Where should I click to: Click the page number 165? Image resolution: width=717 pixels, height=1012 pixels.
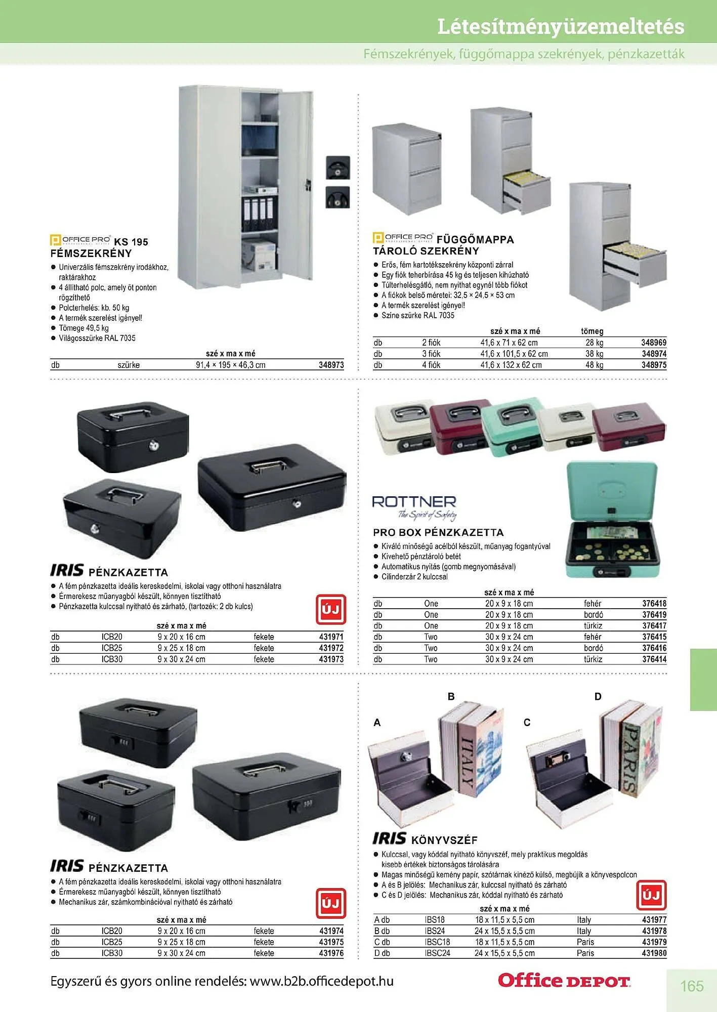(x=692, y=986)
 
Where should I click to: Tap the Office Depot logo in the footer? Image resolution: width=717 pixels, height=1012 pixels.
(x=564, y=981)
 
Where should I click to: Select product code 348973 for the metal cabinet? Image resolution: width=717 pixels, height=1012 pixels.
(x=331, y=365)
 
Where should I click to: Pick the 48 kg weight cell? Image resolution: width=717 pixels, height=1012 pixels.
(x=595, y=365)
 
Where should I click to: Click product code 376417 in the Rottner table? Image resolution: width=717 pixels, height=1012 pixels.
(x=654, y=626)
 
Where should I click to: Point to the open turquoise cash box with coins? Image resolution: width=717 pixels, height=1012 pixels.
(x=612, y=521)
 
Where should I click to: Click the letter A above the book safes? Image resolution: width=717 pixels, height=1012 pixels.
(x=377, y=723)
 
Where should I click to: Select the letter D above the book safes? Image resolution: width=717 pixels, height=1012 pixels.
(x=598, y=696)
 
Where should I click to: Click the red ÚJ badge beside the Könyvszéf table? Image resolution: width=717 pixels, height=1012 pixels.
(x=651, y=895)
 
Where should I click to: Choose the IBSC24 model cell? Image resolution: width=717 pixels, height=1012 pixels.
(x=437, y=953)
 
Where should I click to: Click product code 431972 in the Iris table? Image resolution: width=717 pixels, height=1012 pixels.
(x=331, y=648)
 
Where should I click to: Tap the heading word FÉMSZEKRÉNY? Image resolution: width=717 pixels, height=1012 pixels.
(x=91, y=254)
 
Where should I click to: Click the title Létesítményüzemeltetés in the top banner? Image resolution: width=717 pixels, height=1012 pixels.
(x=561, y=26)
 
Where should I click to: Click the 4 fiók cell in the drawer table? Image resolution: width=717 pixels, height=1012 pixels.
(x=431, y=365)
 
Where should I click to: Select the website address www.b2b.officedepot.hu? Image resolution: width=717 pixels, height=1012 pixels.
(x=322, y=982)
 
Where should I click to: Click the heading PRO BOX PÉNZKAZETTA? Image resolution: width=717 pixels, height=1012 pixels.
(x=438, y=532)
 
